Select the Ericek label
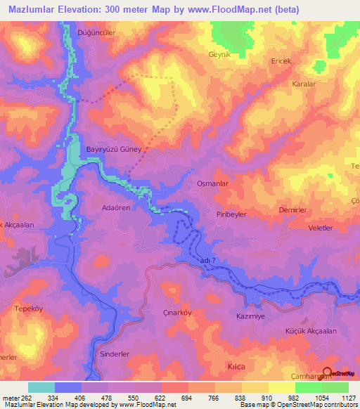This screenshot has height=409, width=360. pos(282,61)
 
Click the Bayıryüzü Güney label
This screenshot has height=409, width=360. pos(114,150)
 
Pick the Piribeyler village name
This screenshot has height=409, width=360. pos(231,215)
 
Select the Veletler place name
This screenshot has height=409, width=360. pos(320,229)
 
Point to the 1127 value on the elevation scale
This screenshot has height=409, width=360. pos(347,399)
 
